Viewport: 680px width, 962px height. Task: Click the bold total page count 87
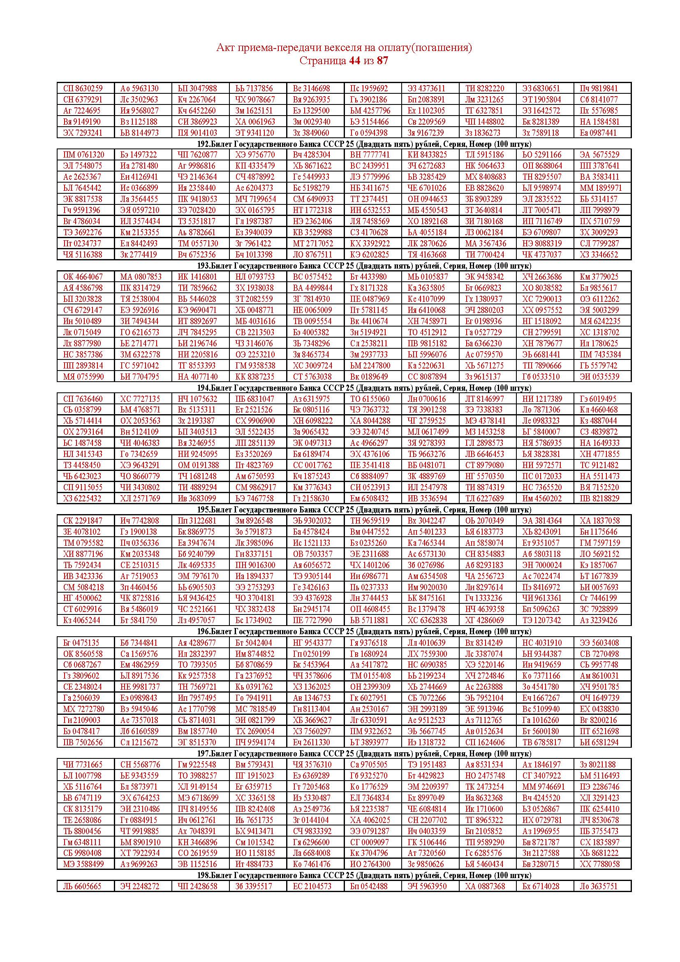[382, 61]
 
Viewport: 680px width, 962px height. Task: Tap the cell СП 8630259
[83, 88]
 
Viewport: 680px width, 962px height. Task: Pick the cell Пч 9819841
[598, 88]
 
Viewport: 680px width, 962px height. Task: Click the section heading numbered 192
[364, 144]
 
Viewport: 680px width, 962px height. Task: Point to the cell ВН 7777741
[369, 155]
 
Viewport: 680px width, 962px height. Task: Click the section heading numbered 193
[364, 266]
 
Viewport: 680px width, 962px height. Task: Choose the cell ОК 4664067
[83, 277]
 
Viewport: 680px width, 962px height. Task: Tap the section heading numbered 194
[364, 388]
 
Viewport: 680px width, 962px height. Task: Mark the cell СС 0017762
[312, 465]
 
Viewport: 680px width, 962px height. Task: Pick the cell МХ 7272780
[83, 709]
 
